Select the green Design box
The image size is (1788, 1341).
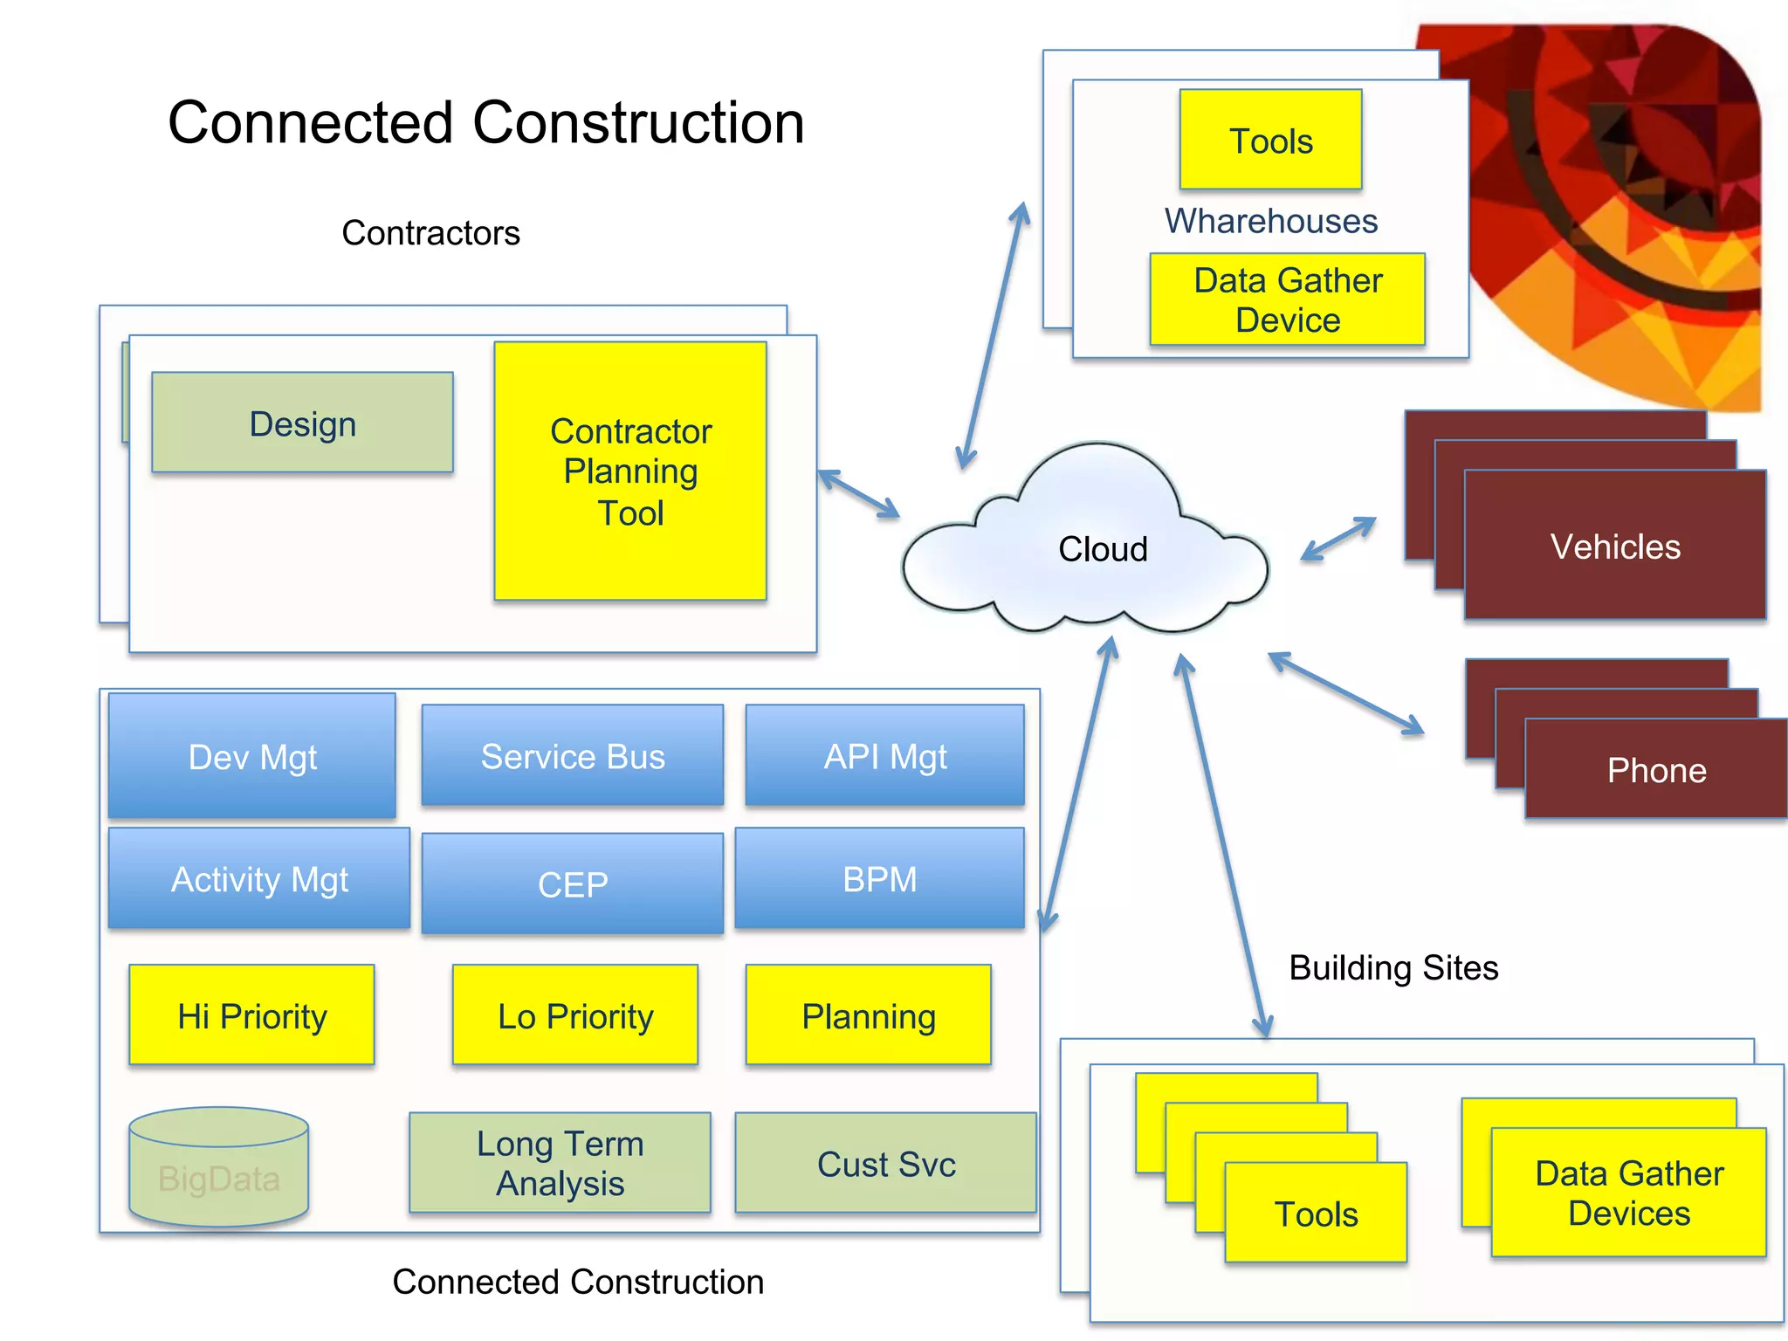(302, 423)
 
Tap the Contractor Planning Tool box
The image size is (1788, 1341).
(630, 471)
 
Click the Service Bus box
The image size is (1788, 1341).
(573, 756)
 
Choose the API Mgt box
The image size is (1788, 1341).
(884, 756)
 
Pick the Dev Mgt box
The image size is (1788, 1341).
(252, 757)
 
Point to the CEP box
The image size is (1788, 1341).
(573, 884)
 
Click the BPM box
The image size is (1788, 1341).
(879, 878)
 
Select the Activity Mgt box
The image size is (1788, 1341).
(259, 878)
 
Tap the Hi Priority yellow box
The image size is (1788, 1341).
(251, 1015)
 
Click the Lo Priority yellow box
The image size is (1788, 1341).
(575, 1015)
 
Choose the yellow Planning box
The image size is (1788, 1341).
(869, 1015)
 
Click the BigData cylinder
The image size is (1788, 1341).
(218, 1170)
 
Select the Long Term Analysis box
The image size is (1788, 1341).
(560, 1163)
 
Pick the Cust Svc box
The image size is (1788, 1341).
(885, 1163)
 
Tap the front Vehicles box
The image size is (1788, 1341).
(1615, 547)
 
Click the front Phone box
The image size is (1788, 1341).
(1656, 770)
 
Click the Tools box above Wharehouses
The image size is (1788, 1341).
(1270, 140)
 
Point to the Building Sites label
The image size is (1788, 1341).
(1393, 967)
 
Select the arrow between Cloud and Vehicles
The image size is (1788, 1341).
(1338, 539)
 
